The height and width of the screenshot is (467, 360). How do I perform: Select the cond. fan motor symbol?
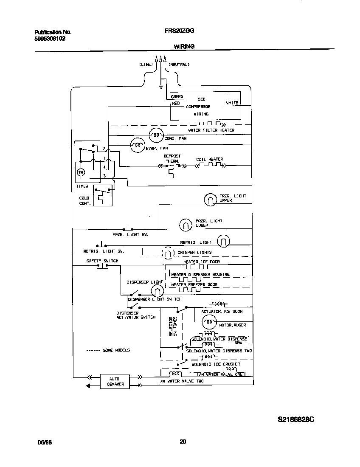coord(156,135)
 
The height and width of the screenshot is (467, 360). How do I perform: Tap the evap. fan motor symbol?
coord(137,146)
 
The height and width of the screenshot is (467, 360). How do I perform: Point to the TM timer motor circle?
coord(81,172)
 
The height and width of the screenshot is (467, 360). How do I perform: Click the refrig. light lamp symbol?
coord(223,241)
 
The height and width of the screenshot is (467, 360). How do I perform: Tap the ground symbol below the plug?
coord(161,87)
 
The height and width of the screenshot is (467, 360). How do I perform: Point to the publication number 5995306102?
coord(50,38)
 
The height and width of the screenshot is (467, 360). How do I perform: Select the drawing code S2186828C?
coord(296,419)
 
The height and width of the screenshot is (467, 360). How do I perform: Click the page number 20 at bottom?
coord(183,442)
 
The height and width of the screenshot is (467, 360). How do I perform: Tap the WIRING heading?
coord(184,46)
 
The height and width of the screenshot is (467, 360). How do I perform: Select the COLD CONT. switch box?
coord(103,196)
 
